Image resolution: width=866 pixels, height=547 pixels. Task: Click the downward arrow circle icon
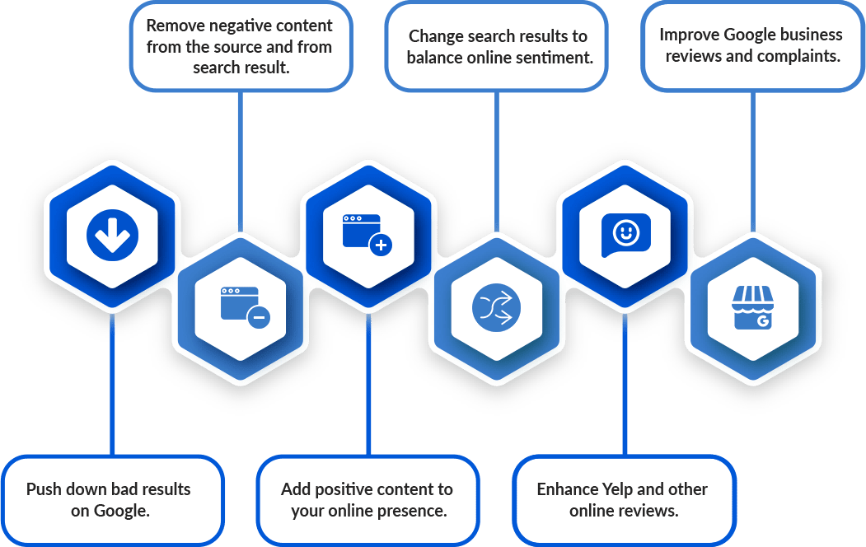click(112, 235)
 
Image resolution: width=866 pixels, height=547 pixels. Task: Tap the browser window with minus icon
click(246, 307)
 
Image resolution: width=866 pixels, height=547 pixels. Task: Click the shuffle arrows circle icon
click(496, 307)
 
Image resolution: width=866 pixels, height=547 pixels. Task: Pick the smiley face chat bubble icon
click(625, 235)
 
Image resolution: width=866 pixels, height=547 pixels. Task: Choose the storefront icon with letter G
click(753, 307)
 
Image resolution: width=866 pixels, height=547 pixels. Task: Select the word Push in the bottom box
click(44, 489)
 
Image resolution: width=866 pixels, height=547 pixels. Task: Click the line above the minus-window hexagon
click(241, 161)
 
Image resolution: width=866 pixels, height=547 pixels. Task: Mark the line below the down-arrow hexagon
click(112, 385)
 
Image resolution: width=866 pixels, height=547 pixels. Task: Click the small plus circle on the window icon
click(381, 245)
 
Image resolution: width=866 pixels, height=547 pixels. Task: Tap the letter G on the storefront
click(763, 321)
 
